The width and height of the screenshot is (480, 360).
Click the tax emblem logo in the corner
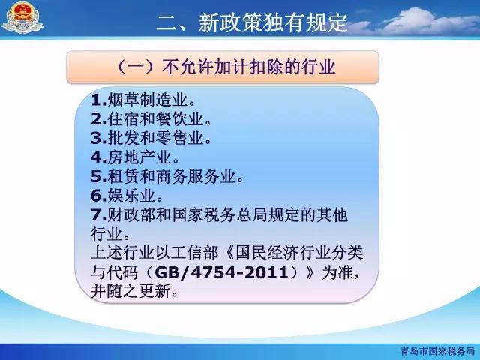point(22,18)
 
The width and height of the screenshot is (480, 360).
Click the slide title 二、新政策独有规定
point(252,22)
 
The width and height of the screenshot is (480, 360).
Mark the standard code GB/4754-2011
point(222,272)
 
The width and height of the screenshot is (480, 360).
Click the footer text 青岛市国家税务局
point(437,350)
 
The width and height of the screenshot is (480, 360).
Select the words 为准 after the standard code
point(337,272)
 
